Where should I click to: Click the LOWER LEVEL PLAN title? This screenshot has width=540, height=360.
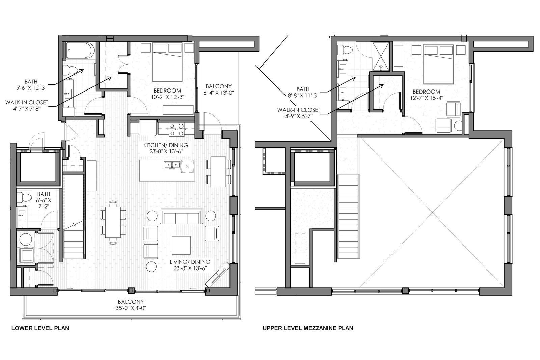(40, 328)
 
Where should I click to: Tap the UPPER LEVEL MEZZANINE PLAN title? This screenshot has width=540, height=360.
(308, 328)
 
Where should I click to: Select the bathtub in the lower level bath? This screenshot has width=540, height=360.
(79, 50)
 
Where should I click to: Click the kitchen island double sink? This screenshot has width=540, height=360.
(172, 165)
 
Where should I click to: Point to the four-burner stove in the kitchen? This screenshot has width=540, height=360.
(177, 130)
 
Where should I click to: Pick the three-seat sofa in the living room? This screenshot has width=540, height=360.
(181, 216)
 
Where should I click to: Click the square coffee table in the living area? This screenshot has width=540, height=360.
(181, 245)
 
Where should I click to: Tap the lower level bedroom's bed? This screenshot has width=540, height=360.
(167, 62)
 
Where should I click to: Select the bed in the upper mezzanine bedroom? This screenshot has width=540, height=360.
(439, 64)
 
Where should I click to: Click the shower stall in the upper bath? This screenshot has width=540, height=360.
(381, 57)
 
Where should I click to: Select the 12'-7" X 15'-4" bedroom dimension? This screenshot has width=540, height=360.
(427, 98)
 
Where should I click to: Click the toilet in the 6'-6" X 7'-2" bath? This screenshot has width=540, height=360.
(24, 197)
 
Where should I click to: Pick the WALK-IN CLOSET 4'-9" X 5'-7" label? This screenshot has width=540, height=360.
(298, 113)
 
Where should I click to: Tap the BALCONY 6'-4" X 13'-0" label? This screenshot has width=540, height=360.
(218, 89)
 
